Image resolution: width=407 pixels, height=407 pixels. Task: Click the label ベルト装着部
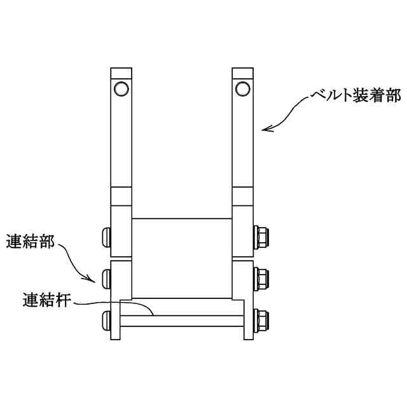point(355,96)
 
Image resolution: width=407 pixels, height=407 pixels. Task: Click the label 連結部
point(31,242)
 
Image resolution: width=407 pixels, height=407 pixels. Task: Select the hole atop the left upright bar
point(121,88)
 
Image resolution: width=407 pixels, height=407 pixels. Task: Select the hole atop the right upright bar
point(242,87)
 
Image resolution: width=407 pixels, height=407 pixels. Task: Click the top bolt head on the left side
point(106,237)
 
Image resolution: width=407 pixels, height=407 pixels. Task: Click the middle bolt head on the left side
point(106,277)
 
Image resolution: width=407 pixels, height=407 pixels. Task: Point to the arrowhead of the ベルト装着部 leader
point(265,128)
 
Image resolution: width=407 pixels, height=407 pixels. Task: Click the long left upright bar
point(121,140)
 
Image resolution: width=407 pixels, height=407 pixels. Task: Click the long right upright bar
point(242,140)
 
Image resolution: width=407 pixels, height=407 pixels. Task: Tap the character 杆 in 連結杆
point(64,298)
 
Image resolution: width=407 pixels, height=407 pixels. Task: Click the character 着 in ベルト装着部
point(370,96)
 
